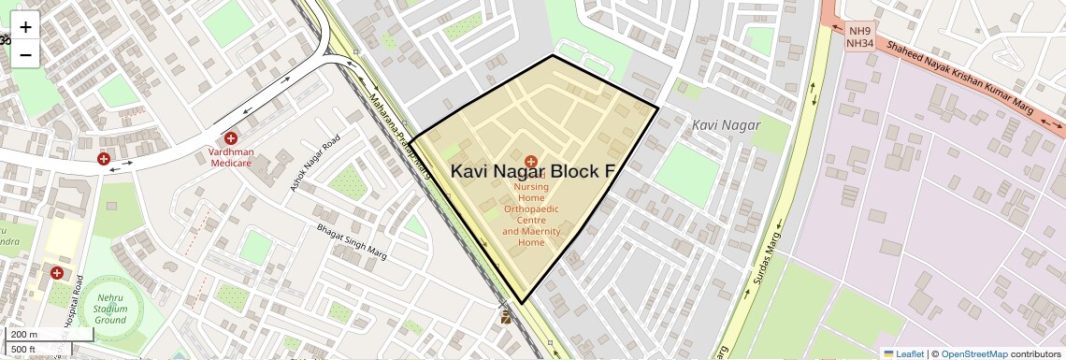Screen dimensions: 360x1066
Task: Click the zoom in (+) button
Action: tap(25, 27)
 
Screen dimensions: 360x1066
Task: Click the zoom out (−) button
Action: tap(25, 55)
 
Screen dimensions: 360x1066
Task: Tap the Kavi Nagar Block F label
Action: tap(533, 171)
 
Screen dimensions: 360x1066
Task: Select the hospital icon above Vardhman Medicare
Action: tap(230, 137)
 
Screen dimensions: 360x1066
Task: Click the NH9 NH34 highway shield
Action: tap(859, 37)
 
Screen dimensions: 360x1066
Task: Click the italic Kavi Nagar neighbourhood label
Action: tap(727, 125)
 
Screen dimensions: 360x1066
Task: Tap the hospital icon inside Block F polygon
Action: tap(531, 162)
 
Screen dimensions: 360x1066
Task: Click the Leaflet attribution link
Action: tap(903, 353)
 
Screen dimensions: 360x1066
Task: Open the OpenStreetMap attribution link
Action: tap(974, 353)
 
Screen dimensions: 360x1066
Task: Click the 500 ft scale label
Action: tap(23, 350)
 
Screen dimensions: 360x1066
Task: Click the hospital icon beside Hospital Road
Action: tap(57, 273)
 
